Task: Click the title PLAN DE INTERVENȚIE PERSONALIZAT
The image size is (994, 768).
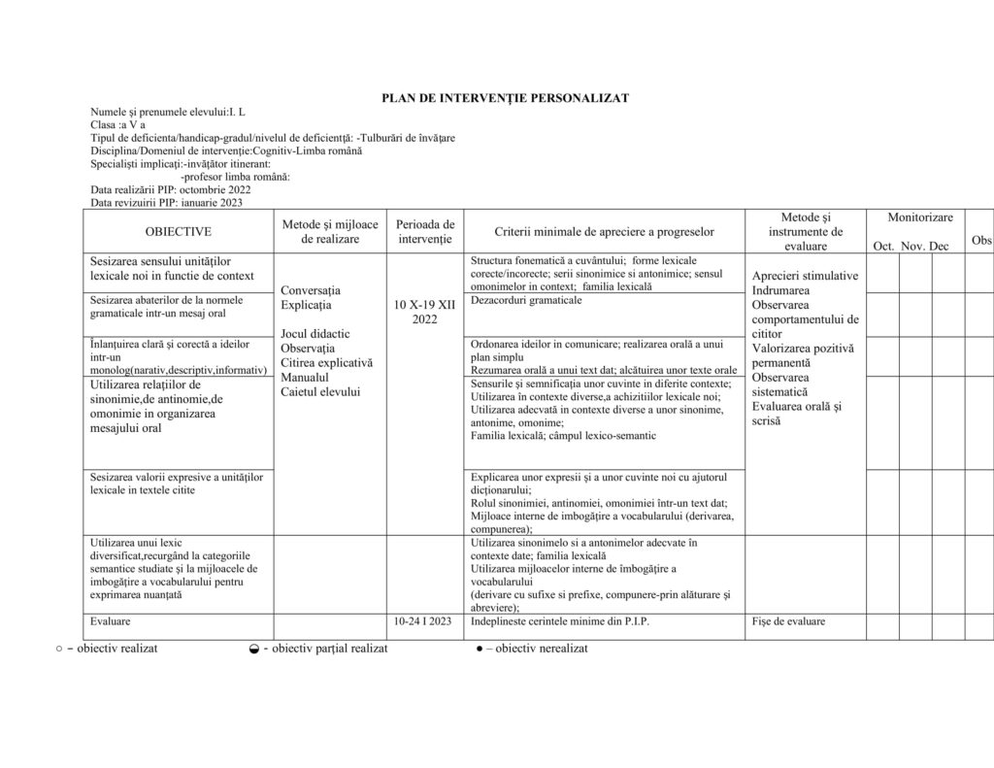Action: tap(505, 98)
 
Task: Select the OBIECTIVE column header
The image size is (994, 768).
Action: tap(179, 232)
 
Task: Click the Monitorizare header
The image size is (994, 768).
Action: tap(919, 218)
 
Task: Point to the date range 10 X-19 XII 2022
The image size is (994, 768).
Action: tap(424, 312)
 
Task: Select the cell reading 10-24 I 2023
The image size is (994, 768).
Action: tap(422, 621)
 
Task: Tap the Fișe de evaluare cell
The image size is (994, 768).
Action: tap(787, 621)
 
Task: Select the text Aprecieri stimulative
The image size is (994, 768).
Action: tap(805, 276)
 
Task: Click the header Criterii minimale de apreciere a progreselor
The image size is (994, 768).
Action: tap(604, 232)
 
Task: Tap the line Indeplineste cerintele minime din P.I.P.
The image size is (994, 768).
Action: tap(553, 621)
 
